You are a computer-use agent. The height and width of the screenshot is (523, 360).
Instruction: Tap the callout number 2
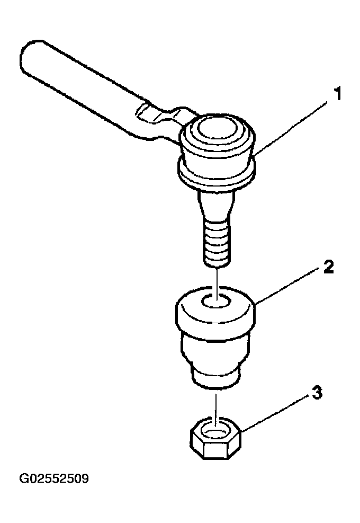[328, 267]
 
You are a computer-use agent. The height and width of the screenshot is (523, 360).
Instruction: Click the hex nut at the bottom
[215, 437]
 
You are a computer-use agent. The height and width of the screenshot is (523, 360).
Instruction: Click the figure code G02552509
[54, 478]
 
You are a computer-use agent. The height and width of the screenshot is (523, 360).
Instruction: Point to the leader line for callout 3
[275, 414]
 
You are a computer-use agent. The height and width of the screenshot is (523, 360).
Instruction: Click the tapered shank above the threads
[216, 205]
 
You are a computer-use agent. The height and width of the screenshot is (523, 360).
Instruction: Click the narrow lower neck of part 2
[215, 377]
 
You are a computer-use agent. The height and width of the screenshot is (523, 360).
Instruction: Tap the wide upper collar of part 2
[215, 308]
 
